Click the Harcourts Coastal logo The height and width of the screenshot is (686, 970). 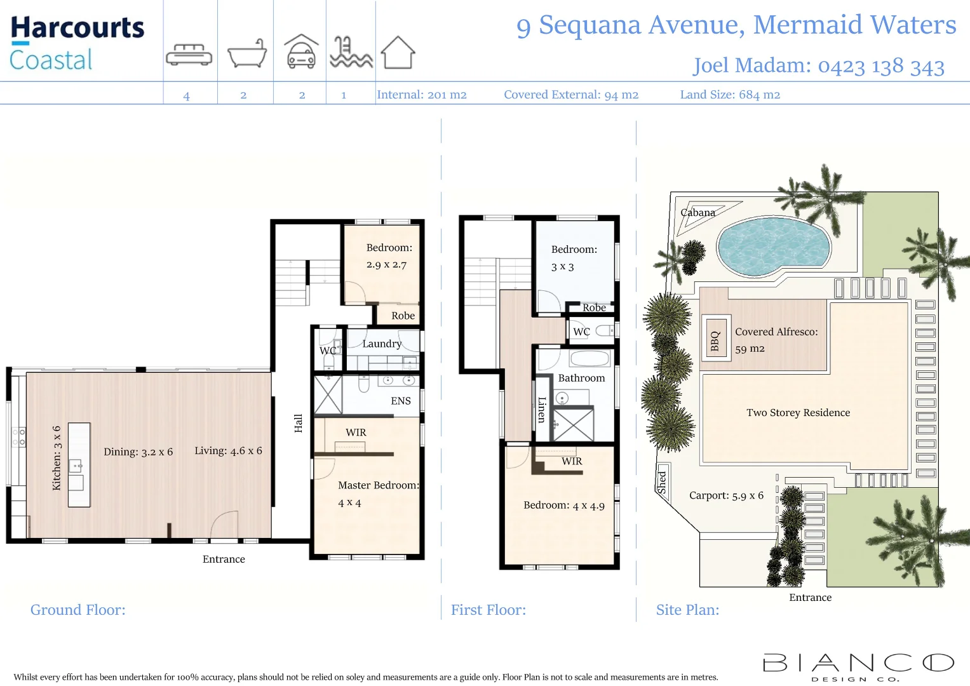coord(77,43)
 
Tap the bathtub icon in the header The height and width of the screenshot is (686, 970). coord(246,53)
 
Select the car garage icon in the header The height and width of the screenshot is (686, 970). coord(301,52)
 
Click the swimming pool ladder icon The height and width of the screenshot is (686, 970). coord(350,53)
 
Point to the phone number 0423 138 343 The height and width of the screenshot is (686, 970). coord(880,66)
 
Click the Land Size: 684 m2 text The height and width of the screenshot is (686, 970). coord(730,95)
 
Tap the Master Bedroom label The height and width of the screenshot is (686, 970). coord(378,485)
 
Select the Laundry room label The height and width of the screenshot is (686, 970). coord(382,344)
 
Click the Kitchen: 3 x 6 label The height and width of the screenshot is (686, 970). coord(57,458)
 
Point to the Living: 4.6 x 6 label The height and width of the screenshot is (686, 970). coord(228,450)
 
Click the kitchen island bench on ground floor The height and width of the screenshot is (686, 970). coord(79,465)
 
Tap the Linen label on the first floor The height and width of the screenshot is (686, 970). coord(542,410)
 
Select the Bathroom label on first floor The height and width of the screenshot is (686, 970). coord(581,378)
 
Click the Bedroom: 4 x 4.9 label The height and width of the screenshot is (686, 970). coord(563,506)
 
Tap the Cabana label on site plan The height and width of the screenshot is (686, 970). coord(697,213)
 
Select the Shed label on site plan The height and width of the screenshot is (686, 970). coord(662,483)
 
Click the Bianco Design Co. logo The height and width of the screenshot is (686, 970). coord(858,666)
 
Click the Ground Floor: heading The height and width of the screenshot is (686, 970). coord(78,610)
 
